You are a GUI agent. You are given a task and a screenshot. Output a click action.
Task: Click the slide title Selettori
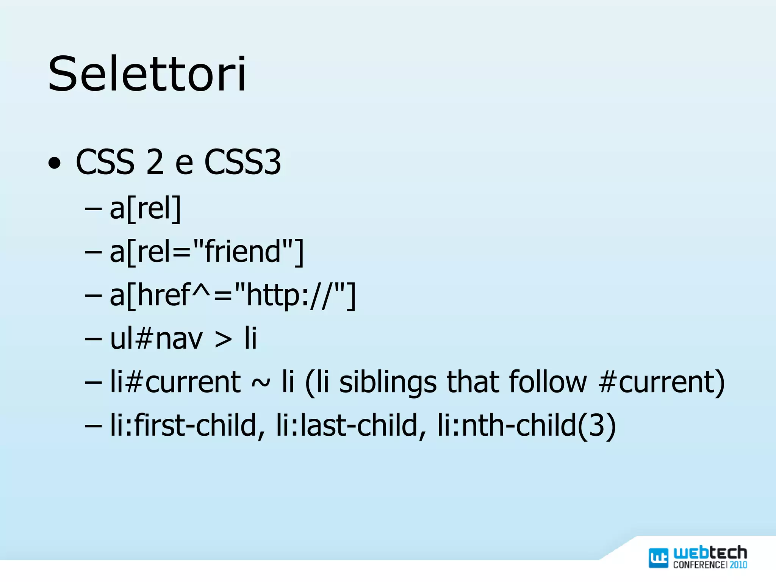[x=147, y=74]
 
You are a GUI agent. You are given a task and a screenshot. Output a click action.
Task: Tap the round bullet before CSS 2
[x=55, y=163]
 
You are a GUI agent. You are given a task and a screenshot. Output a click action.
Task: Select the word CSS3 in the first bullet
[x=242, y=162]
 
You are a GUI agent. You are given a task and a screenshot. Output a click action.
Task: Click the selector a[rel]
[x=145, y=208]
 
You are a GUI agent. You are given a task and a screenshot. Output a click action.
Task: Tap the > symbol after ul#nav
[x=223, y=339]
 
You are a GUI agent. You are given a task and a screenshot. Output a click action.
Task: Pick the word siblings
[x=388, y=382]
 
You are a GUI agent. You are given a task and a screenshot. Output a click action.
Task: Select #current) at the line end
[x=662, y=382]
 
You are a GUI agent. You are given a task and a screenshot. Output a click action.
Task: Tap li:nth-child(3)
[x=526, y=425]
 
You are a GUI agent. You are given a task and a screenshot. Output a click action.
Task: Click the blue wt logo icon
[x=658, y=558]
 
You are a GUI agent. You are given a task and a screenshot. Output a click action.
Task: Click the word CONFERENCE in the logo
[x=699, y=565]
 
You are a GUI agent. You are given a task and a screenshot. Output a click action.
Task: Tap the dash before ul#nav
[x=93, y=339]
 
